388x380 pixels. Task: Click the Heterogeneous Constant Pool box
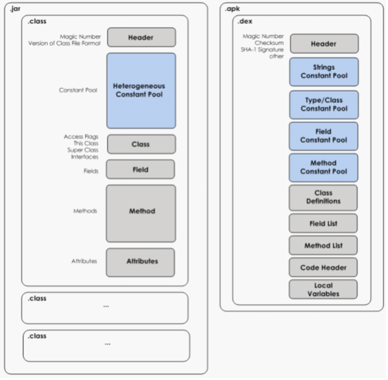coord(141,91)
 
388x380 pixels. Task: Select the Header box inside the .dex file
coord(324,44)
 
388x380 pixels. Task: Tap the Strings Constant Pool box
coord(324,72)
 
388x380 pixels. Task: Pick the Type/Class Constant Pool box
coord(324,105)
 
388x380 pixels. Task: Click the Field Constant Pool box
coord(324,136)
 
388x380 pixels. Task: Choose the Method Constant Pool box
coord(324,168)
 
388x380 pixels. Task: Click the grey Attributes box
coord(140,263)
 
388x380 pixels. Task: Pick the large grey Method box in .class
coord(141,213)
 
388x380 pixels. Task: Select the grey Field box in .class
coord(140,169)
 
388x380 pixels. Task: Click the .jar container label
coord(15,9)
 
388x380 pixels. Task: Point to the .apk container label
coord(232,9)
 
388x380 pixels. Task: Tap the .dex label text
coord(245,21)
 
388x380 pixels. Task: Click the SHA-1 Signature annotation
coord(262,50)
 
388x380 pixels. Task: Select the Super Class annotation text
coord(83,150)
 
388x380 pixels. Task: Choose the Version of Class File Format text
coord(64,44)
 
